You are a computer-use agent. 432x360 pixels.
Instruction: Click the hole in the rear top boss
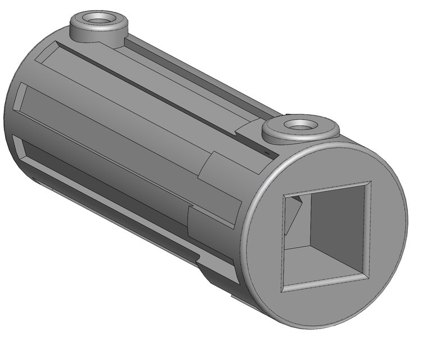(99, 20)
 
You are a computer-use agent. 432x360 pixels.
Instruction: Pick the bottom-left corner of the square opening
(282, 290)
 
